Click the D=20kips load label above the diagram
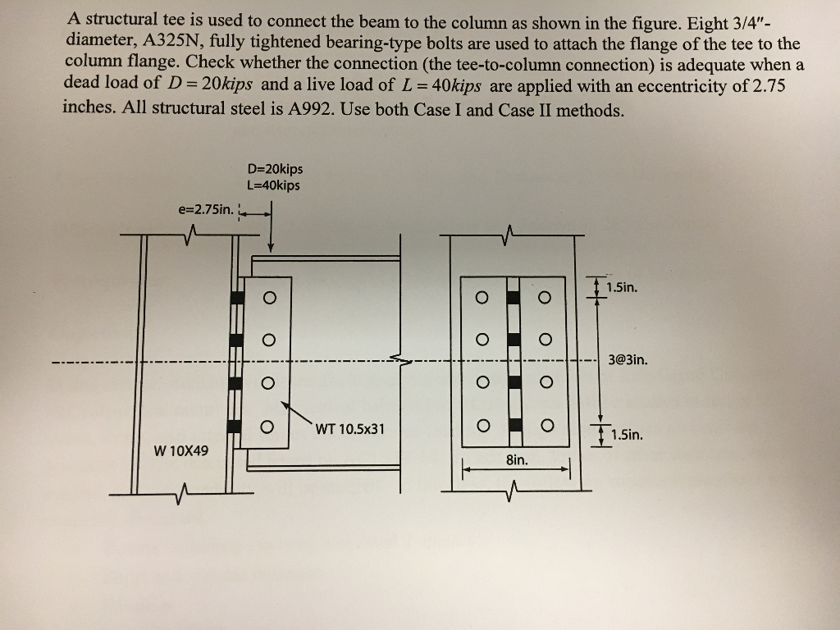point(275,169)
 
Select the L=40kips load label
point(274,185)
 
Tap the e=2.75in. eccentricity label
point(206,209)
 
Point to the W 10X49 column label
point(181,451)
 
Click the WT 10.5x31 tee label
point(349,429)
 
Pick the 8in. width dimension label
point(517,459)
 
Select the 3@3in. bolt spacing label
point(628,359)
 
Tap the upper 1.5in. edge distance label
point(622,288)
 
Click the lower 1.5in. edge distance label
point(627,435)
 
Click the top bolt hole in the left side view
point(270,297)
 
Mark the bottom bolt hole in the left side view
point(267,427)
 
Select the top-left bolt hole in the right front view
point(482,297)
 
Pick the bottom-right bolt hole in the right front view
point(547,426)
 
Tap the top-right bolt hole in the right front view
point(545,297)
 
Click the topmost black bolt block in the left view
point(237,297)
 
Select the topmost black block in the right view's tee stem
point(514,297)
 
